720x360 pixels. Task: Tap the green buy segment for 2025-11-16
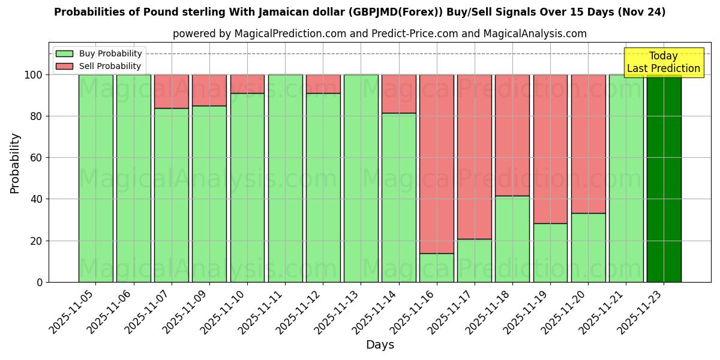tap(437, 268)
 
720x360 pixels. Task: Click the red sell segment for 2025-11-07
tap(172, 91)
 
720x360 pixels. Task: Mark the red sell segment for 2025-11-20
tap(588, 144)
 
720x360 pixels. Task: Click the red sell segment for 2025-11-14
tap(399, 94)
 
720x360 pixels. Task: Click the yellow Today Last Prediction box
tap(664, 62)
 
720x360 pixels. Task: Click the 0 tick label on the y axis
tap(40, 282)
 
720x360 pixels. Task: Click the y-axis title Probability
tap(15, 163)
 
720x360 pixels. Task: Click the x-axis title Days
tap(380, 345)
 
